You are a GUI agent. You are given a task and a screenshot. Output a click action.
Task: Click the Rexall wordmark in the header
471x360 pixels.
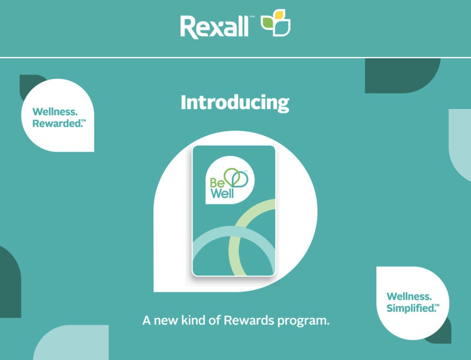click(x=214, y=27)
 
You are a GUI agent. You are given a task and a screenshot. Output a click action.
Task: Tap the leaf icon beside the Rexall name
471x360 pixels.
click(x=276, y=23)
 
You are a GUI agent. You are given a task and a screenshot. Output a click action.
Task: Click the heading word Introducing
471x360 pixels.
click(x=235, y=103)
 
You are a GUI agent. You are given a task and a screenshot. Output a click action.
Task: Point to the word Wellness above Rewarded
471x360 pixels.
click(x=55, y=112)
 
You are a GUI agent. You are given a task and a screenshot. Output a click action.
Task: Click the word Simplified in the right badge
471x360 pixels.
click(x=410, y=308)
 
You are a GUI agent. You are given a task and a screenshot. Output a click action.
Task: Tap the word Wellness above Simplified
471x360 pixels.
click(x=409, y=297)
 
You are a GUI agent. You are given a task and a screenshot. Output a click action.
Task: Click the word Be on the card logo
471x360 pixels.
click(x=215, y=182)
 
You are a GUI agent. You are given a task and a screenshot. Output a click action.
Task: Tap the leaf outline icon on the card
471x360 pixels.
click(x=235, y=178)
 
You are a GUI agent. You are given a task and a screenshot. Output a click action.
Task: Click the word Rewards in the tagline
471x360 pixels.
click(x=249, y=321)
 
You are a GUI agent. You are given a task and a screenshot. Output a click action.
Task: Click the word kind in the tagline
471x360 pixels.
click(x=195, y=321)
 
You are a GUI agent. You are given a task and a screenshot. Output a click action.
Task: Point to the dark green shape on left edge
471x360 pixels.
click(x=9, y=284)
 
